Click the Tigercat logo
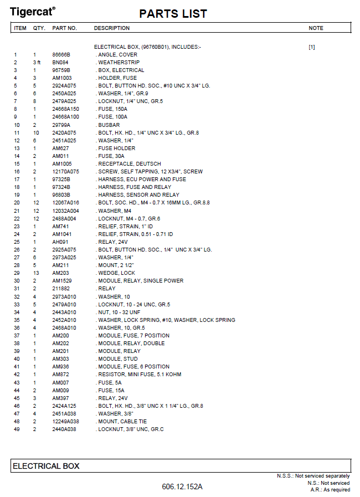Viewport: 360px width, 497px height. click(33, 11)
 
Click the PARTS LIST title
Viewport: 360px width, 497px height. click(173, 14)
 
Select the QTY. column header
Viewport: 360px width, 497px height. click(39, 28)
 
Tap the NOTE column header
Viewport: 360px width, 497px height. click(316, 28)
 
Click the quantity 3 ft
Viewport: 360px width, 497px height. click(37, 63)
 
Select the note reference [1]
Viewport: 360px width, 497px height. click(311, 47)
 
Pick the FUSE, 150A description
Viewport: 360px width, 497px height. click(112, 109)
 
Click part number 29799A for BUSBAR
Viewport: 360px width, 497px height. click(62, 125)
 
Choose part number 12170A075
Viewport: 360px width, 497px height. click(66, 172)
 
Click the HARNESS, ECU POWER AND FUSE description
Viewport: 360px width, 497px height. click(142, 180)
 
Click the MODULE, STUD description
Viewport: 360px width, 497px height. click(117, 358)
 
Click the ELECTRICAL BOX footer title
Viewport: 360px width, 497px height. click(46, 466)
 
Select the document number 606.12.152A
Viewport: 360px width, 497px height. click(182, 486)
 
